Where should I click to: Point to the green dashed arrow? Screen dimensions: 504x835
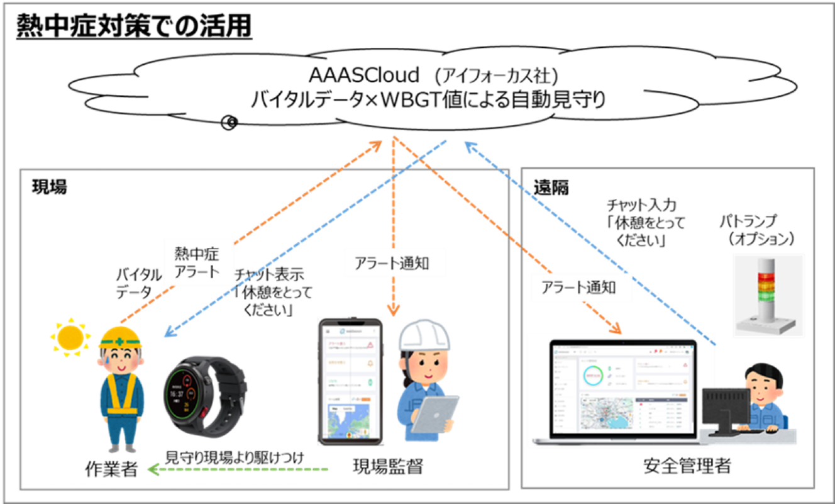pos(238,469)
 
